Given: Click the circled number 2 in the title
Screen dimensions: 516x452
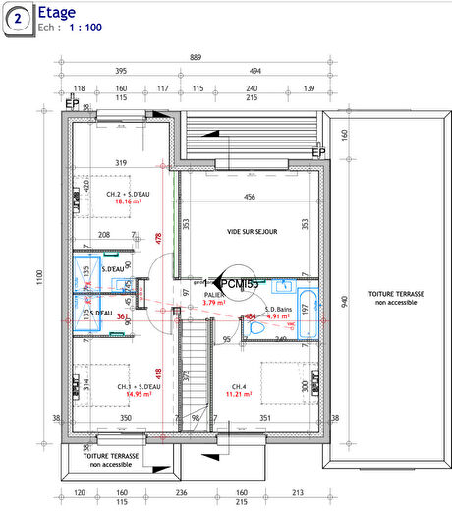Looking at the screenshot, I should click(18, 18).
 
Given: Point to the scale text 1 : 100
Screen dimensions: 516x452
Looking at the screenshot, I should click(85, 28).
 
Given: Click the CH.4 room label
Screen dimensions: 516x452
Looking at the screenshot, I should click(239, 385).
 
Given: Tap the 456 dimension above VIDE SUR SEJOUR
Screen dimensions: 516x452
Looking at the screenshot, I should click(250, 198).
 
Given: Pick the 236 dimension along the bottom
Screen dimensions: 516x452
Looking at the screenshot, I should click(180, 492).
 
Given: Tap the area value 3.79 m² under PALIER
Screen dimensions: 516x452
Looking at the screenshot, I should click(214, 302).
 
